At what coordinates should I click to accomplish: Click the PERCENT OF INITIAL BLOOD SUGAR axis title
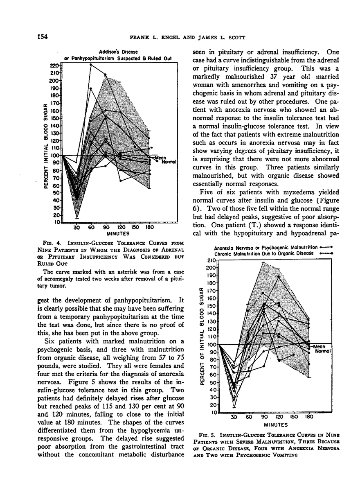pos(202,335)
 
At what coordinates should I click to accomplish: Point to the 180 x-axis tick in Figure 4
pos(149,227)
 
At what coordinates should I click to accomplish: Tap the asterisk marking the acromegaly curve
pos(151,147)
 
